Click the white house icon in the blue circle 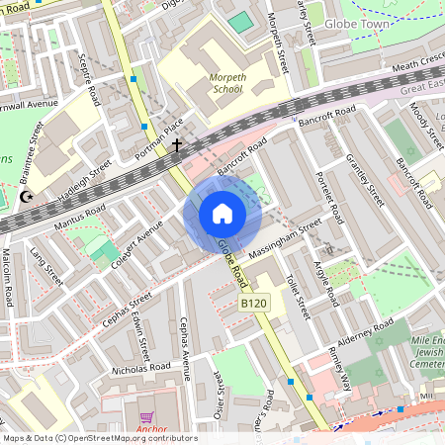point(222,214)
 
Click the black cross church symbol point(177,146)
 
